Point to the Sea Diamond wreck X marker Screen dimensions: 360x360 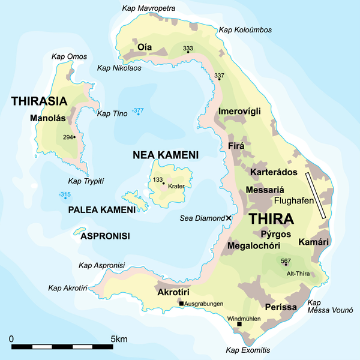(x=228, y=218)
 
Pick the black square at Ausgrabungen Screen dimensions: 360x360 (x=181, y=304)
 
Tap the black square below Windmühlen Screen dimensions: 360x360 (x=239, y=325)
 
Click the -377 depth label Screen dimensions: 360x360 (x=139, y=110)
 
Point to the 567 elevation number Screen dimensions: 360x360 (x=286, y=260)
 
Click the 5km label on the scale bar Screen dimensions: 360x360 (x=119, y=340)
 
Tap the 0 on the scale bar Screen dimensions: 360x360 (x=11, y=340)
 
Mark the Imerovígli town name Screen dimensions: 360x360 (x=242, y=111)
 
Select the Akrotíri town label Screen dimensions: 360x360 (x=173, y=292)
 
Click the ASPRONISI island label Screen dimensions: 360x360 (x=105, y=236)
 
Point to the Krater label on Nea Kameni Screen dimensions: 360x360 (x=176, y=186)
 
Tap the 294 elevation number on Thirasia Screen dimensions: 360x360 (x=67, y=137)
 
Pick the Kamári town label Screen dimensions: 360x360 (x=314, y=241)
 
